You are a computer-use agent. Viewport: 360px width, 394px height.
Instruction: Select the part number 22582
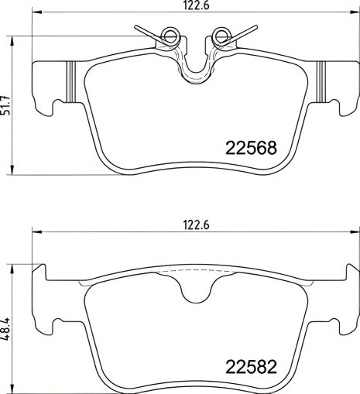[x=250, y=365]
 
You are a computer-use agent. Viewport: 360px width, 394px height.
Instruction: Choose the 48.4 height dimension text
[x=7, y=325]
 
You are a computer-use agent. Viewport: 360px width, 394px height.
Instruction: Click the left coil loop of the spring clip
[x=171, y=35]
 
